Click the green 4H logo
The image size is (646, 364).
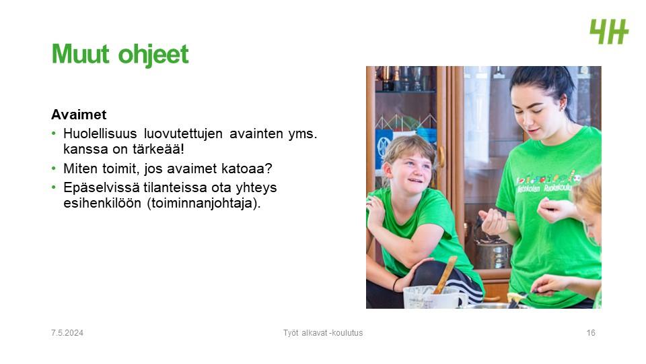(609, 32)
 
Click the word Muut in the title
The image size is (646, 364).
(81, 54)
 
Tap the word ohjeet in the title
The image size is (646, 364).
(153, 55)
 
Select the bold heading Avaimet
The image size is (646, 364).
(79, 115)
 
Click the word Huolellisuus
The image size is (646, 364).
(100, 133)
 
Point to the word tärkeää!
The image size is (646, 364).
(158, 149)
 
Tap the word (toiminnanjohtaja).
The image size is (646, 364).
(203, 204)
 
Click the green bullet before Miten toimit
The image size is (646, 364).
(54, 169)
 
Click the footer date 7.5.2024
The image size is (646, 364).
(67, 333)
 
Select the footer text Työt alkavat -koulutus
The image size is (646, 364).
(323, 332)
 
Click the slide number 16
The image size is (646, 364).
(591, 333)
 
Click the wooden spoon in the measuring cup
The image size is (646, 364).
(445, 274)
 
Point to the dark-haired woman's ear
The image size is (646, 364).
(563, 102)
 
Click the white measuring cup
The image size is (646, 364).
(431, 297)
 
